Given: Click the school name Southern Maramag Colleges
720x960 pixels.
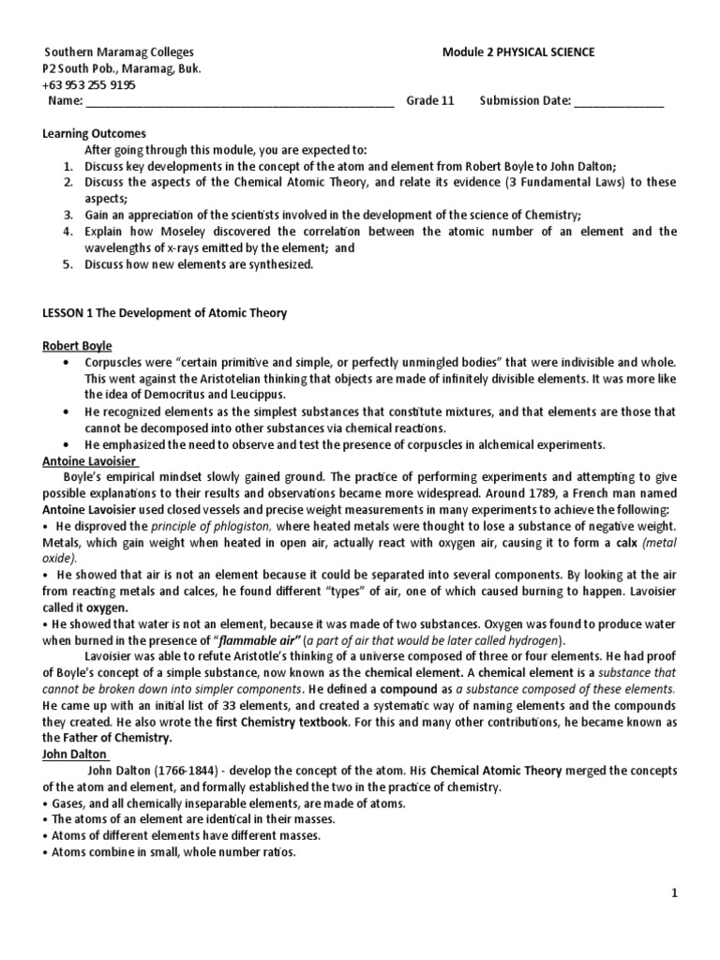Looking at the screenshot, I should (112, 52).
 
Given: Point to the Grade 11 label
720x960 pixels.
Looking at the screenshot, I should (429, 101).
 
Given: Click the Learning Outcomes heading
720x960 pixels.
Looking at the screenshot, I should (94, 134).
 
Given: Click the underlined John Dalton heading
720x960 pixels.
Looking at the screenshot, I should (76, 754).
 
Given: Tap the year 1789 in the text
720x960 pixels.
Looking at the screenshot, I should (511, 494).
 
